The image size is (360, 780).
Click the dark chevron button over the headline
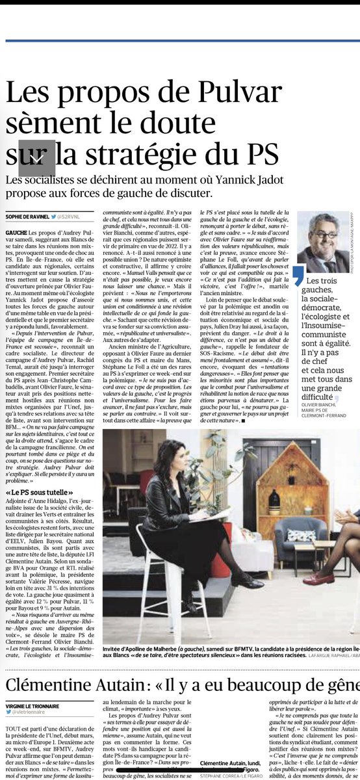(x=36, y=158)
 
